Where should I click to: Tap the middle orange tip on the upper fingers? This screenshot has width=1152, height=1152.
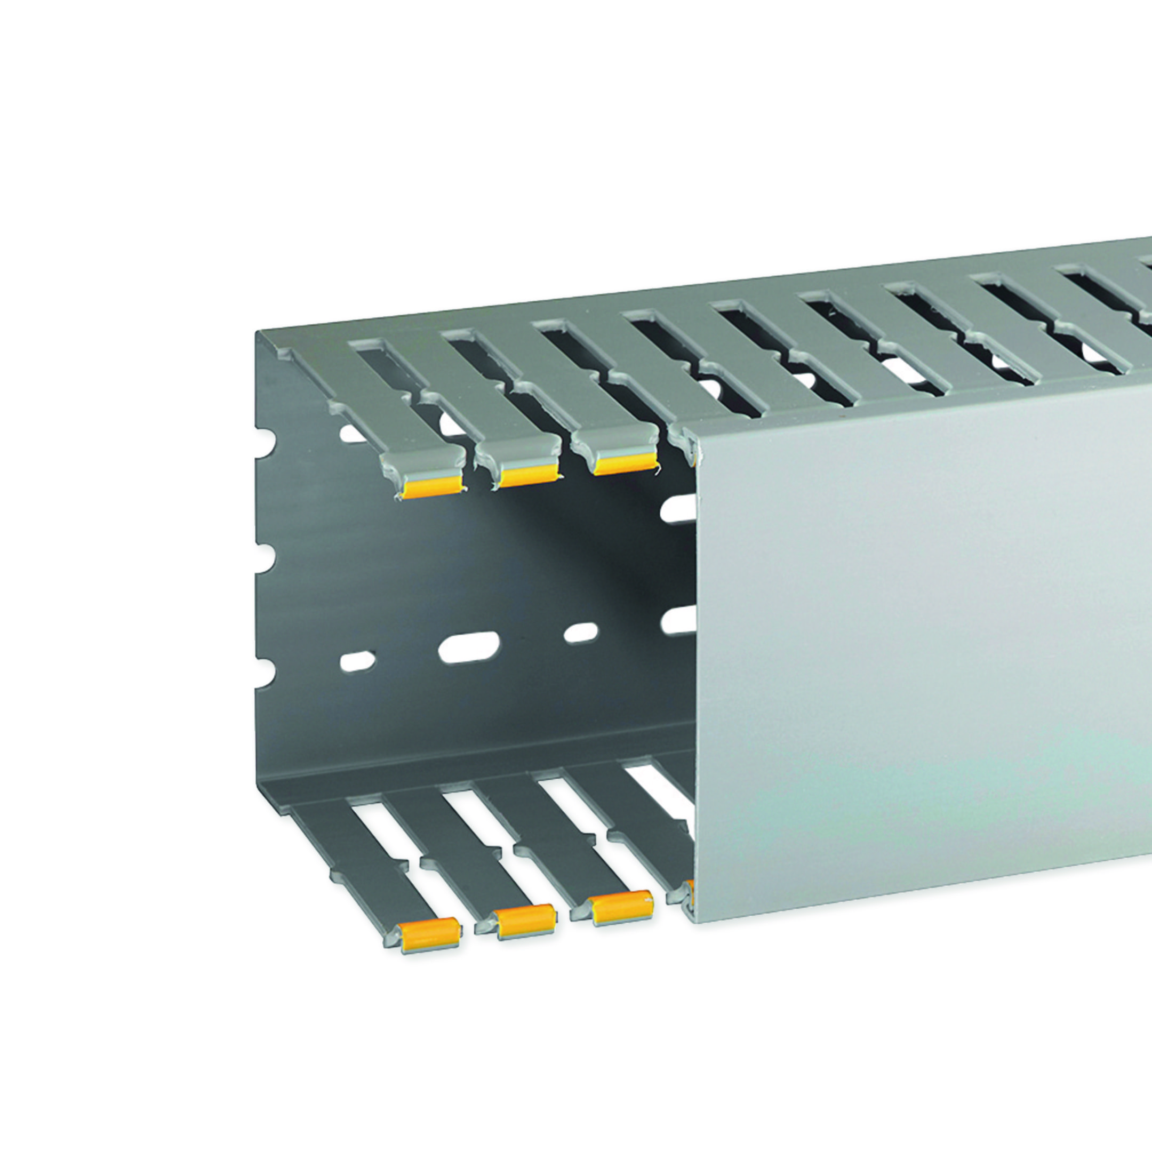point(527,476)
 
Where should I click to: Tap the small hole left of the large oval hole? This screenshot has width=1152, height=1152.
point(358,661)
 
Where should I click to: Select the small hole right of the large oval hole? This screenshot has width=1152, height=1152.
point(581,633)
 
